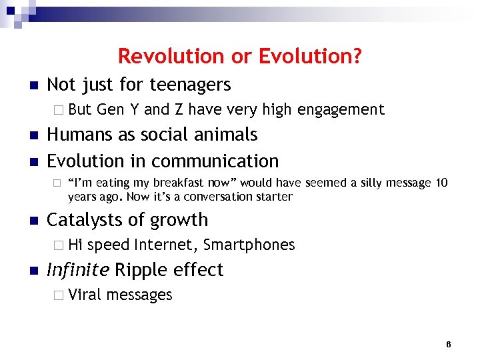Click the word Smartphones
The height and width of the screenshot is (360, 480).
[x=249, y=245]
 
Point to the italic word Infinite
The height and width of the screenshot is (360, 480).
[x=78, y=270]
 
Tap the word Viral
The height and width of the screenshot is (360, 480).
[x=84, y=295]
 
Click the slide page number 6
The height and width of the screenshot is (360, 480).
[x=448, y=344]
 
